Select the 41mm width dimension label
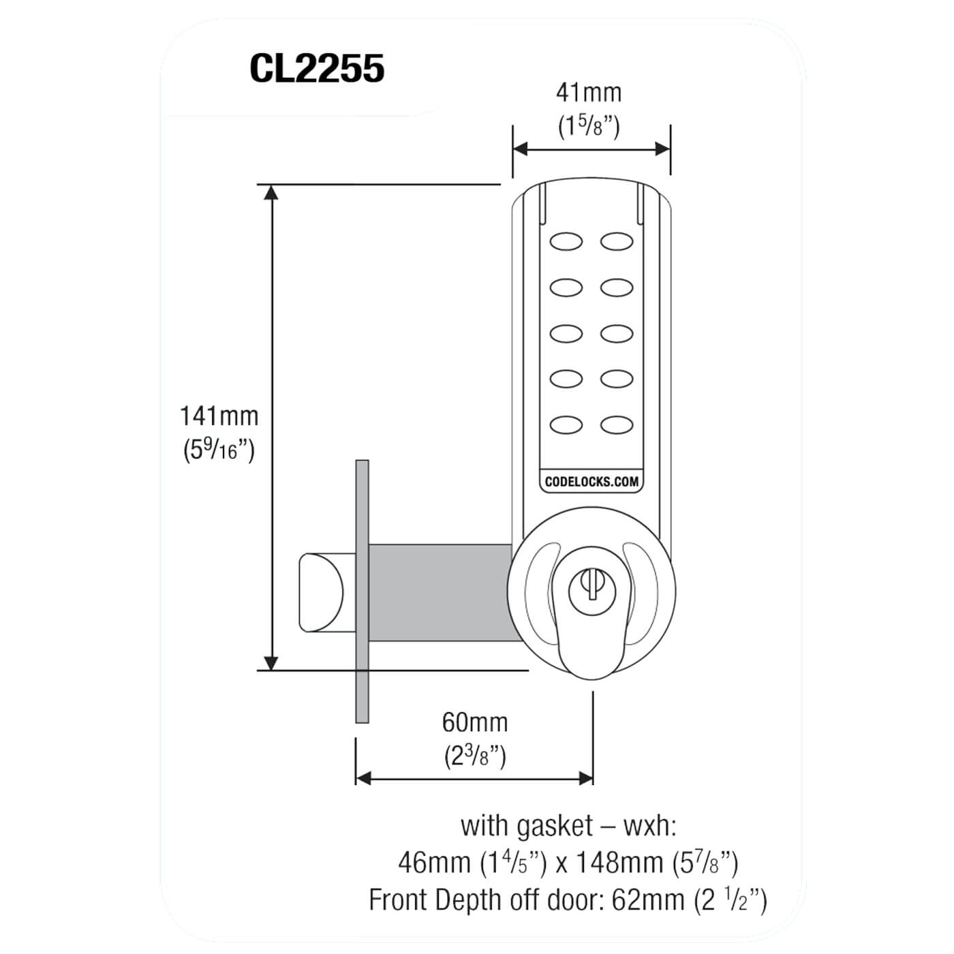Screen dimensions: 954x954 coord(589,92)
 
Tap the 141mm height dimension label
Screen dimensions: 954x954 coord(219,416)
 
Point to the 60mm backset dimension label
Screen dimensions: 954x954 coord(475,722)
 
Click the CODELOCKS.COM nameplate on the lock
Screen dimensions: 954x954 coord(591,481)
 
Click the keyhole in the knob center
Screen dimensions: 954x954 coord(591,585)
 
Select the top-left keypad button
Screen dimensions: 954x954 coord(566,241)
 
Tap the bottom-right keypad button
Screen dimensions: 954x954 coord(617,425)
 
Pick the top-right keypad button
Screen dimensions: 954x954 coord(617,241)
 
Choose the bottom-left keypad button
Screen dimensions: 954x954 coord(566,425)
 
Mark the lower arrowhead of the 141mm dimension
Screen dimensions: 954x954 coord(271,662)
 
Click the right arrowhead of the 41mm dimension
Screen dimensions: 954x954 coord(662,149)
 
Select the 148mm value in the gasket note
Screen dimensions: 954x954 coord(619,863)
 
